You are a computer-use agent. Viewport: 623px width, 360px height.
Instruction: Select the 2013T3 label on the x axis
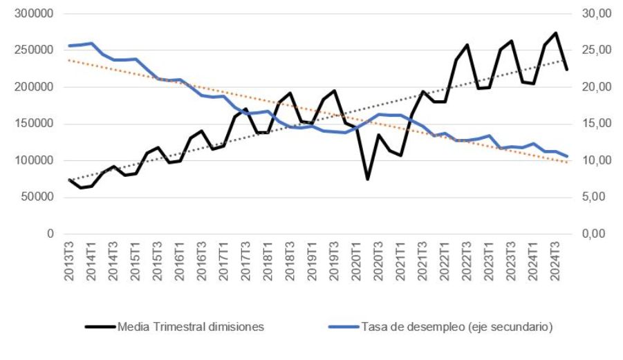pyautogui.click(x=69, y=260)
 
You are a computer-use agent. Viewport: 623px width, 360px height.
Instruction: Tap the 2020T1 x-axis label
pyautogui.click(x=357, y=260)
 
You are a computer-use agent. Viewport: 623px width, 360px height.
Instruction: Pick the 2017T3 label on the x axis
pyautogui.click(x=246, y=260)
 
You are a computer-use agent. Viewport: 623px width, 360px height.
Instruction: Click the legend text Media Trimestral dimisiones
pyautogui.click(x=191, y=327)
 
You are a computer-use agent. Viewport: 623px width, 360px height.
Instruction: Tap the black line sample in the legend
pyautogui.click(x=100, y=327)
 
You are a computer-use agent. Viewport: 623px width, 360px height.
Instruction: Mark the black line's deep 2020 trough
pyautogui.click(x=367, y=179)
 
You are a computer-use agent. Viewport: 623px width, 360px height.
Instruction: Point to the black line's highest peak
pyautogui.click(x=556, y=33)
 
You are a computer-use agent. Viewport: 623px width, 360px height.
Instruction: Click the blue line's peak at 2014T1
pyautogui.click(x=91, y=44)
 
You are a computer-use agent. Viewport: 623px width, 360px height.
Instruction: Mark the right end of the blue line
pyautogui.click(x=567, y=156)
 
